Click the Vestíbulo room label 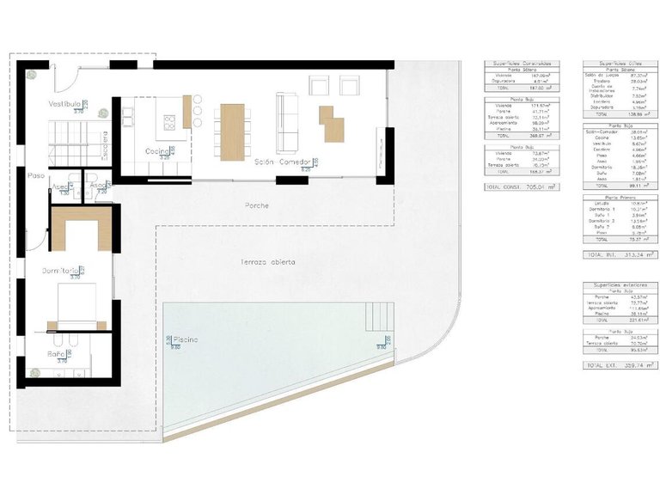[65, 103]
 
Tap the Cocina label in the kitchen [156, 151]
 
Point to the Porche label [256, 206]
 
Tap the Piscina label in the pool [186, 340]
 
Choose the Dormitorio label [62, 271]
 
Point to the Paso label [35, 175]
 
